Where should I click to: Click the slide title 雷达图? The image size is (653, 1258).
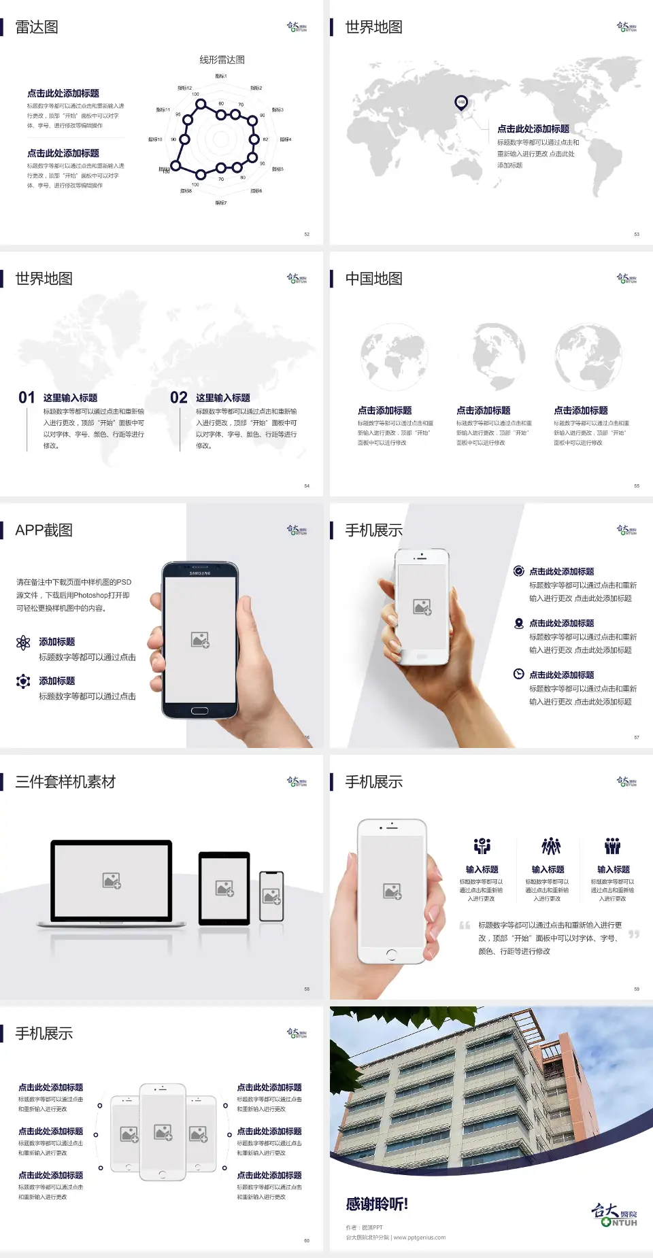click(37, 27)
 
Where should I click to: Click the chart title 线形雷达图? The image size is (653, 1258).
click(222, 60)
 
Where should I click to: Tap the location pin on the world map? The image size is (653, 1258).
click(461, 103)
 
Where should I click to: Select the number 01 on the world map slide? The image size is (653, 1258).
click(27, 398)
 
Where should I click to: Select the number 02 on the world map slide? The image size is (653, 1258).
click(179, 398)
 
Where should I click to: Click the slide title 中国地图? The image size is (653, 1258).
click(373, 279)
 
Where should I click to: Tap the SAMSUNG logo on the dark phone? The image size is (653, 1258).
click(200, 573)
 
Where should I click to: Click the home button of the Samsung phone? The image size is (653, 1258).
click(199, 711)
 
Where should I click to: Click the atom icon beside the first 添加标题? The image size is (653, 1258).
click(23, 643)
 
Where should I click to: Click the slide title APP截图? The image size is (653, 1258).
click(44, 530)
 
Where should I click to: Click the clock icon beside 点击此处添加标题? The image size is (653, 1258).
click(518, 674)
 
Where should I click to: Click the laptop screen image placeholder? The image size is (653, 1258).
click(112, 881)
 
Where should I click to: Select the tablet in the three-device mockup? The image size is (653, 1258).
click(224, 888)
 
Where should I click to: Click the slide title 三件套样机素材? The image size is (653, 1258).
click(65, 782)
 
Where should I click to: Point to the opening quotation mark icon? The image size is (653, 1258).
click(465, 925)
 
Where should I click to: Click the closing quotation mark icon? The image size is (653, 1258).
click(634, 935)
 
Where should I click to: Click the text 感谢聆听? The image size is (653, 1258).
click(377, 1204)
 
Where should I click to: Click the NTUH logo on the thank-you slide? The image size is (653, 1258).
click(614, 1214)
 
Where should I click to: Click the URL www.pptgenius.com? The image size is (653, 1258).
click(420, 1238)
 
